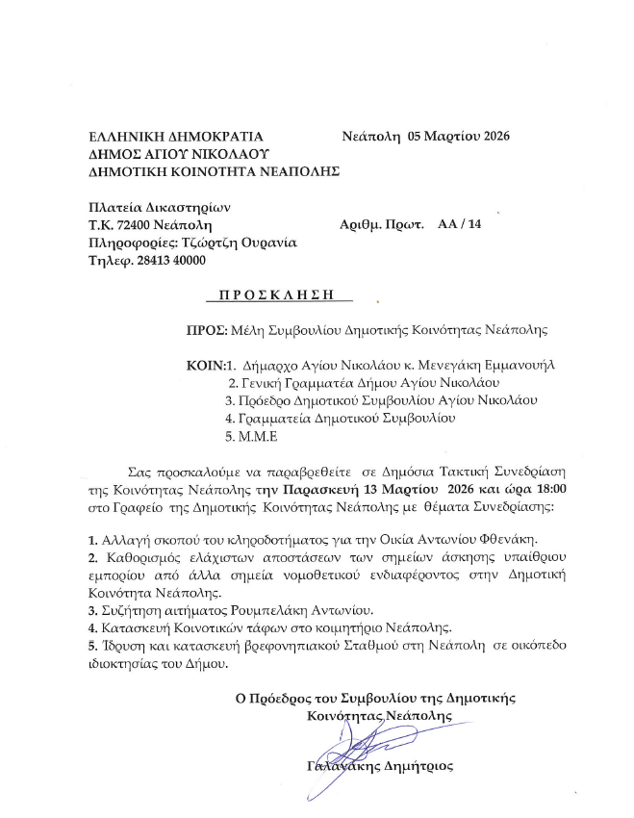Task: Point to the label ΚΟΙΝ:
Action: pyautogui.click(x=205, y=366)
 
